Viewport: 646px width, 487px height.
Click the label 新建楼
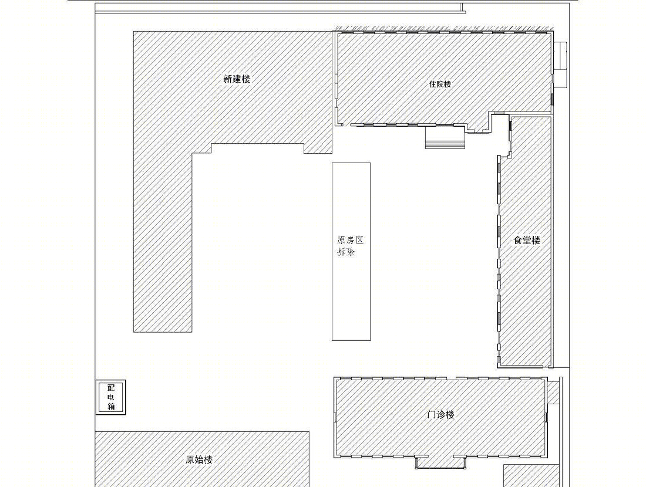pos(237,79)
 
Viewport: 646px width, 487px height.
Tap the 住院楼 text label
pos(440,84)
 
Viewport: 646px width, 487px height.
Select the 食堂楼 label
pos(527,241)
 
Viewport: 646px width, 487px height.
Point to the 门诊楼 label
pos(440,415)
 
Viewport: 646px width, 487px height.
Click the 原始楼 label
pos(199,460)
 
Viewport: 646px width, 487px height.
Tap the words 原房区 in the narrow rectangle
pos(350,240)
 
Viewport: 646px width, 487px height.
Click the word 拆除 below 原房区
pos(346,252)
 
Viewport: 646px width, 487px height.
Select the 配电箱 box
pos(111,397)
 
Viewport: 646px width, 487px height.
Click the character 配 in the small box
pos(111,388)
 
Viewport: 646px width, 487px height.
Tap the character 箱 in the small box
pos(111,407)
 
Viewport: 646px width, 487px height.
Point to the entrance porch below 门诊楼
pos(441,463)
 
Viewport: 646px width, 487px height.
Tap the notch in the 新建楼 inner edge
pos(258,148)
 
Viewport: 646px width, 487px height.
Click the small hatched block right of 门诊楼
pos(553,393)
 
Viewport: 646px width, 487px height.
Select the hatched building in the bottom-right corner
pos(531,476)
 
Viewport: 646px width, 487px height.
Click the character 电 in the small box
pos(111,397)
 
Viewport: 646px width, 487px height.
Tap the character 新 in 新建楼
pos(228,79)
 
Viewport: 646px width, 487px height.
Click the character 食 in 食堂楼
pos(517,241)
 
